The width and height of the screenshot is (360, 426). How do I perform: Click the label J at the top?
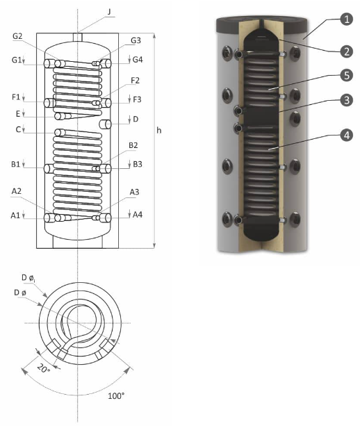pos(109,12)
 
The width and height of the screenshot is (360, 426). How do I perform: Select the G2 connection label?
pos(17,36)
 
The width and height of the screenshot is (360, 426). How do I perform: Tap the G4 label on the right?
pos(138,60)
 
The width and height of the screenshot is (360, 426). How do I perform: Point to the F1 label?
pos(16,97)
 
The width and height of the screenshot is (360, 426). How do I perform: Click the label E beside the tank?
pos(18,113)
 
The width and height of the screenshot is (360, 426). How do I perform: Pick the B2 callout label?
pos(133,145)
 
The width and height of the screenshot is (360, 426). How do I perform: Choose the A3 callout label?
pos(134,192)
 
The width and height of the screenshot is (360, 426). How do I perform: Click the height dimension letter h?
pos(159,131)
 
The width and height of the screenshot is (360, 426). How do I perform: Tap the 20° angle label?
pos(44,368)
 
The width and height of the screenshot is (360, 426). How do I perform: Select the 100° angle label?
pos(116,396)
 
